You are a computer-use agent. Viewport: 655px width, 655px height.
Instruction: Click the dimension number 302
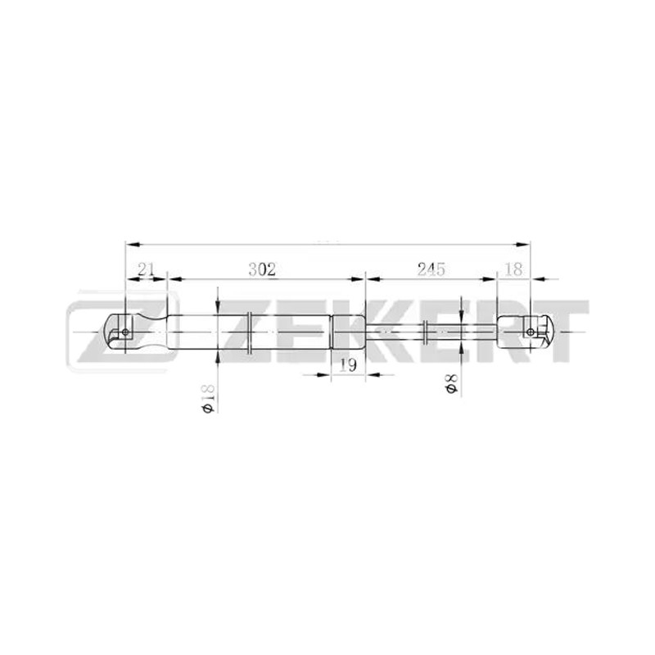coord(262,269)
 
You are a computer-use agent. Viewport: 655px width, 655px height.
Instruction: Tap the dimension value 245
coord(431,269)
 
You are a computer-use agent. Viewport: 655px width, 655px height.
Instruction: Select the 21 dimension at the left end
coord(146,269)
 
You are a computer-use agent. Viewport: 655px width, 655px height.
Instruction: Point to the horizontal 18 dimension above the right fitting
coord(513,269)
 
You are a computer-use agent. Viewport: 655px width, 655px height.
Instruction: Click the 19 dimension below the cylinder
coord(347,365)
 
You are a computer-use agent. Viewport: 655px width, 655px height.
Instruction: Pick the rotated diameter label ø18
coord(208,398)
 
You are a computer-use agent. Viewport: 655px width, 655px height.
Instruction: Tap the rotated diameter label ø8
coord(452,383)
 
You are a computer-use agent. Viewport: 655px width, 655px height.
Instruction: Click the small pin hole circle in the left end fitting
coord(125,332)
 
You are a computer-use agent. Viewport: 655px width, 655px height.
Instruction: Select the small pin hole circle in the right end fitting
coord(531,332)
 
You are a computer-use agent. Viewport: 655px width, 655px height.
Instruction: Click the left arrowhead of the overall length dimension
coord(132,244)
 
